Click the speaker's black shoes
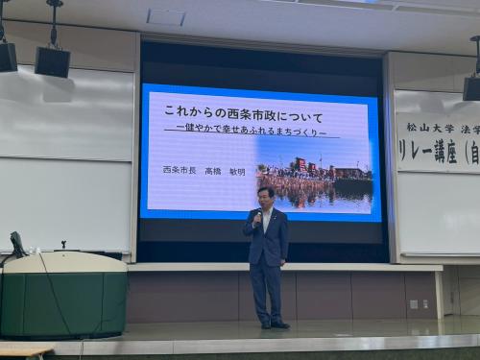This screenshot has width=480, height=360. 273,324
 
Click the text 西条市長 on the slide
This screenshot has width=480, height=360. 179,170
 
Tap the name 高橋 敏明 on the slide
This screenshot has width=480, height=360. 226,171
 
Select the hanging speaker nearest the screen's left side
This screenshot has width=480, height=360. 53,60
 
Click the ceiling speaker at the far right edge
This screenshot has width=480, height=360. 471,87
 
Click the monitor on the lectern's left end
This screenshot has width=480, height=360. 17,244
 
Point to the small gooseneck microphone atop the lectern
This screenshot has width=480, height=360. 63,245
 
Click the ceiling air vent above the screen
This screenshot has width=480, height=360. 165,16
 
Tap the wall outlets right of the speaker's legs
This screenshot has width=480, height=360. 420,304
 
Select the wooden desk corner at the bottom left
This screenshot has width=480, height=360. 24,351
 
